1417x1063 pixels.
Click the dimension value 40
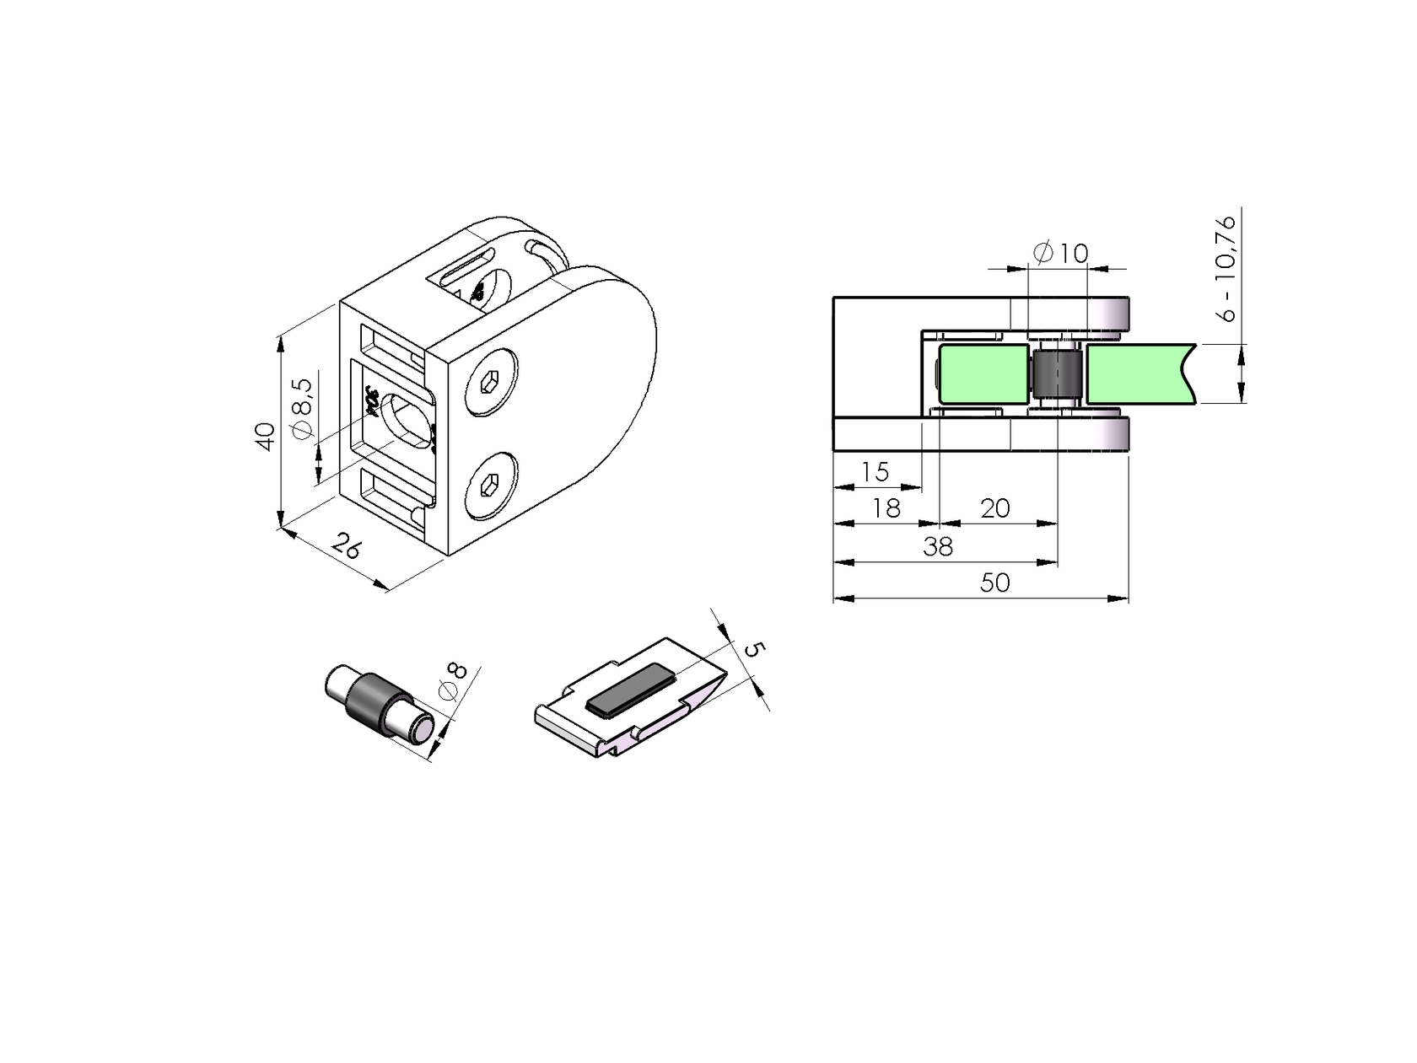(x=267, y=436)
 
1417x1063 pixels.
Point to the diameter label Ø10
(x=1060, y=253)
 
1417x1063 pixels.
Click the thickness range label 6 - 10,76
(x=1227, y=268)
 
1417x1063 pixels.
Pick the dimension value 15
(x=876, y=472)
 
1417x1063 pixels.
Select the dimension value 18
(x=886, y=508)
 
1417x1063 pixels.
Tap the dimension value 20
(x=995, y=508)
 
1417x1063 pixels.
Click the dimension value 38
(x=937, y=547)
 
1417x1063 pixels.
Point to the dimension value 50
(x=995, y=583)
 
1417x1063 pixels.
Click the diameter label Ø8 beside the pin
(x=453, y=682)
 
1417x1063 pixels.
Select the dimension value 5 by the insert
(x=754, y=650)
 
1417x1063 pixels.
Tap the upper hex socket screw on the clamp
(x=491, y=382)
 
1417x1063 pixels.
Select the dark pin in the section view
(x=1057, y=375)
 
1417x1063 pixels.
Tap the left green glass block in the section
(x=983, y=373)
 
